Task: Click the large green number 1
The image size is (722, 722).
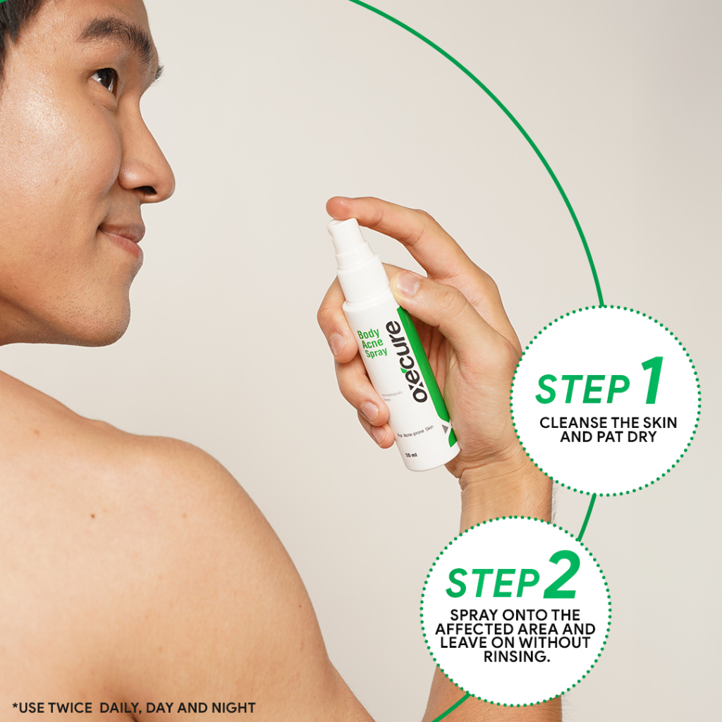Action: pos(652,381)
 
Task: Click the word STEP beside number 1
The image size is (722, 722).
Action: pos(582,388)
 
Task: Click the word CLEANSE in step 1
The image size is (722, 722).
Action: pos(568,423)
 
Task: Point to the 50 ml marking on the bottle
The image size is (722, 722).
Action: pos(412,455)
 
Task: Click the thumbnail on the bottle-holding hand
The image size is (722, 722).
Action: pos(408,283)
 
